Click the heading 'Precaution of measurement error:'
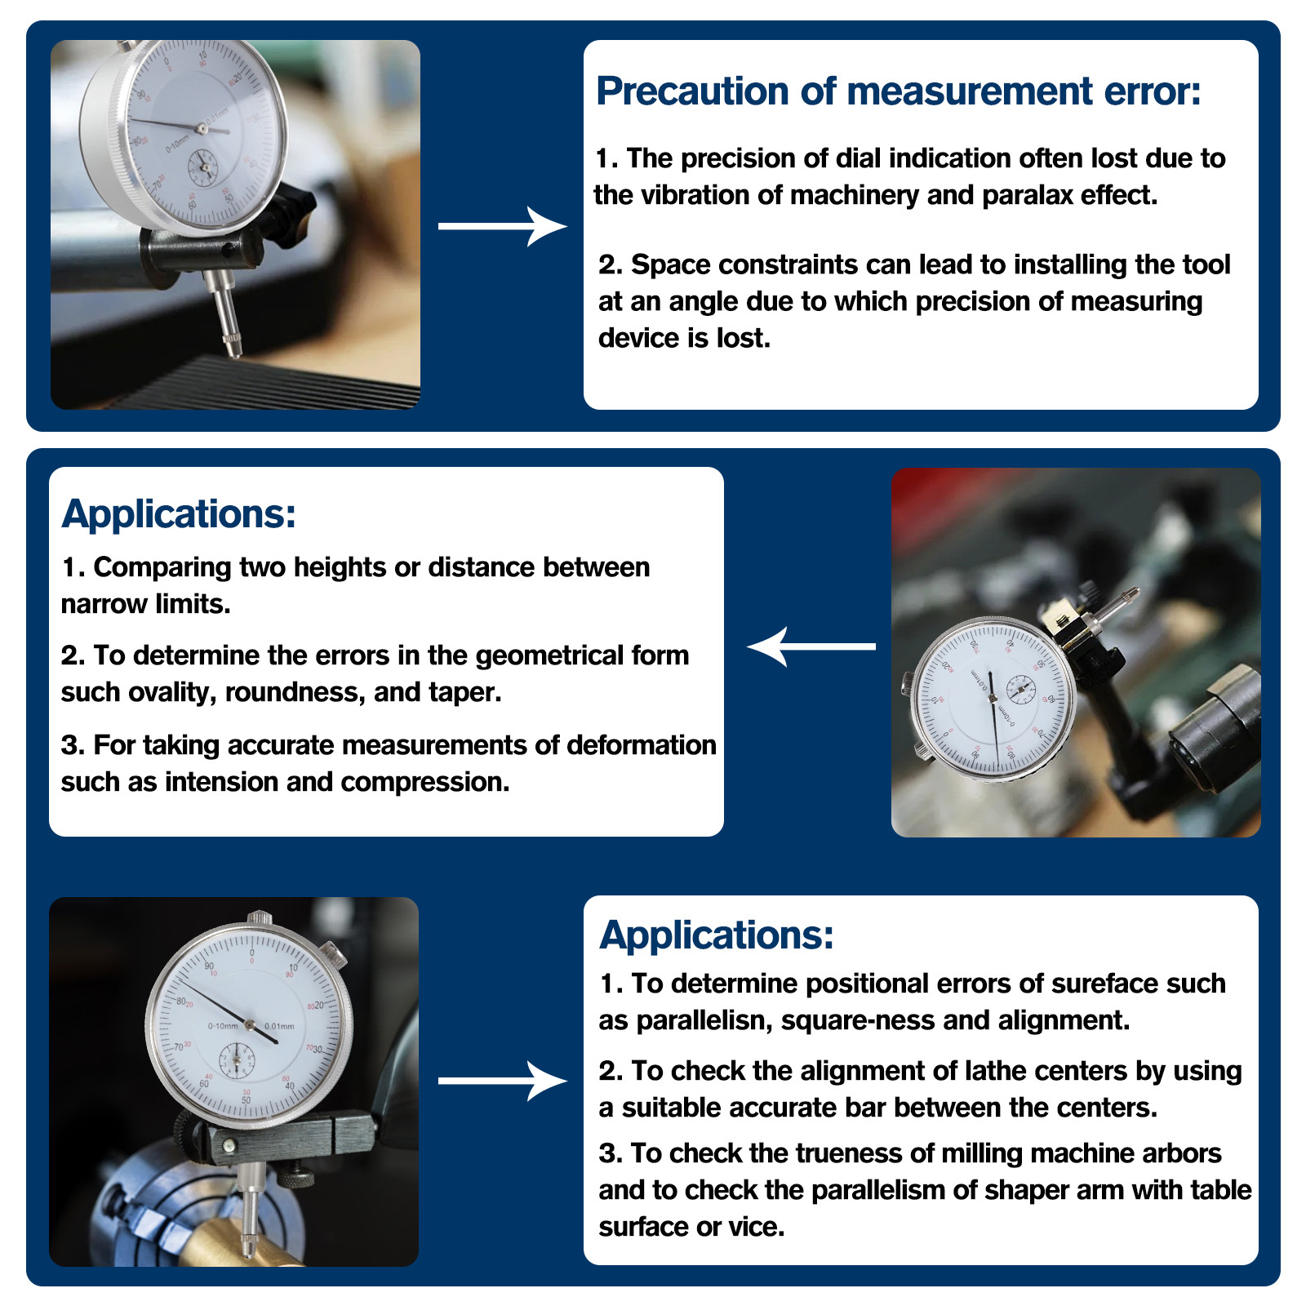pyautogui.click(x=898, y=91)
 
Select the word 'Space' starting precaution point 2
pyautogui.click(x=671, y=265)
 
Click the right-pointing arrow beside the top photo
pyautogui.click(x=502, y=226)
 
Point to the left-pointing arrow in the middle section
pyautogui.click(x=811, y=646)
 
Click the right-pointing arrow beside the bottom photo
pyautogui.click(x=502, y=1081)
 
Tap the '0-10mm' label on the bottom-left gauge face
pyautogui.click(x=222, y=1026)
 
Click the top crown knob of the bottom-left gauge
pyautogui.click(x=260, y=917)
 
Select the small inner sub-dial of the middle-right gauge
pyautogui.click(x=1019, y=691)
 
